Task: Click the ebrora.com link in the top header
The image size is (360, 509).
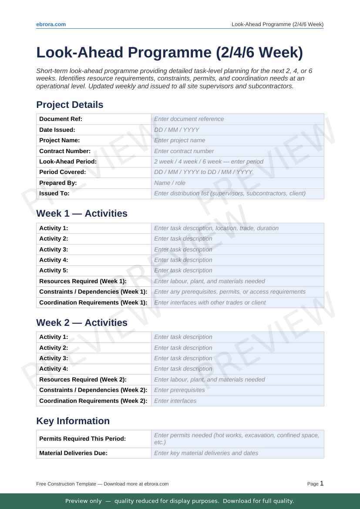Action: coord(51,24)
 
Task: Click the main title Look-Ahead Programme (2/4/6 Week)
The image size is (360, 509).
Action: coord(169,52)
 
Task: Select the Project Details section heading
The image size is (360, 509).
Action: coord(70,105)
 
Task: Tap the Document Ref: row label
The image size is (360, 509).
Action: coord(61,119)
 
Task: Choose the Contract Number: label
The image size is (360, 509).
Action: coord(65,151)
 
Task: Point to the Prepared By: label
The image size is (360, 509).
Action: coord(58,183)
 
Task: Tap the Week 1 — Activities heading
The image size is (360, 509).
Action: coord(82,214)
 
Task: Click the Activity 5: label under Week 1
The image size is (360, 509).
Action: coord(54,271)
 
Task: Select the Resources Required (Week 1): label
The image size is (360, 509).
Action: coord(83,281)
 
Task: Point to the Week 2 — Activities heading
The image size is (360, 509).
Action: coord(82,323)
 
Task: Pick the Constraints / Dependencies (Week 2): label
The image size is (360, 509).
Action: coord(93,390)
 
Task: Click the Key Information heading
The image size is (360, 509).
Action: coord(73,421)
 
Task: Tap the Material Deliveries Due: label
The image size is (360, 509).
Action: coord(73,453)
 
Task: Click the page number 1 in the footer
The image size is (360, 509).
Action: coord(322,483)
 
